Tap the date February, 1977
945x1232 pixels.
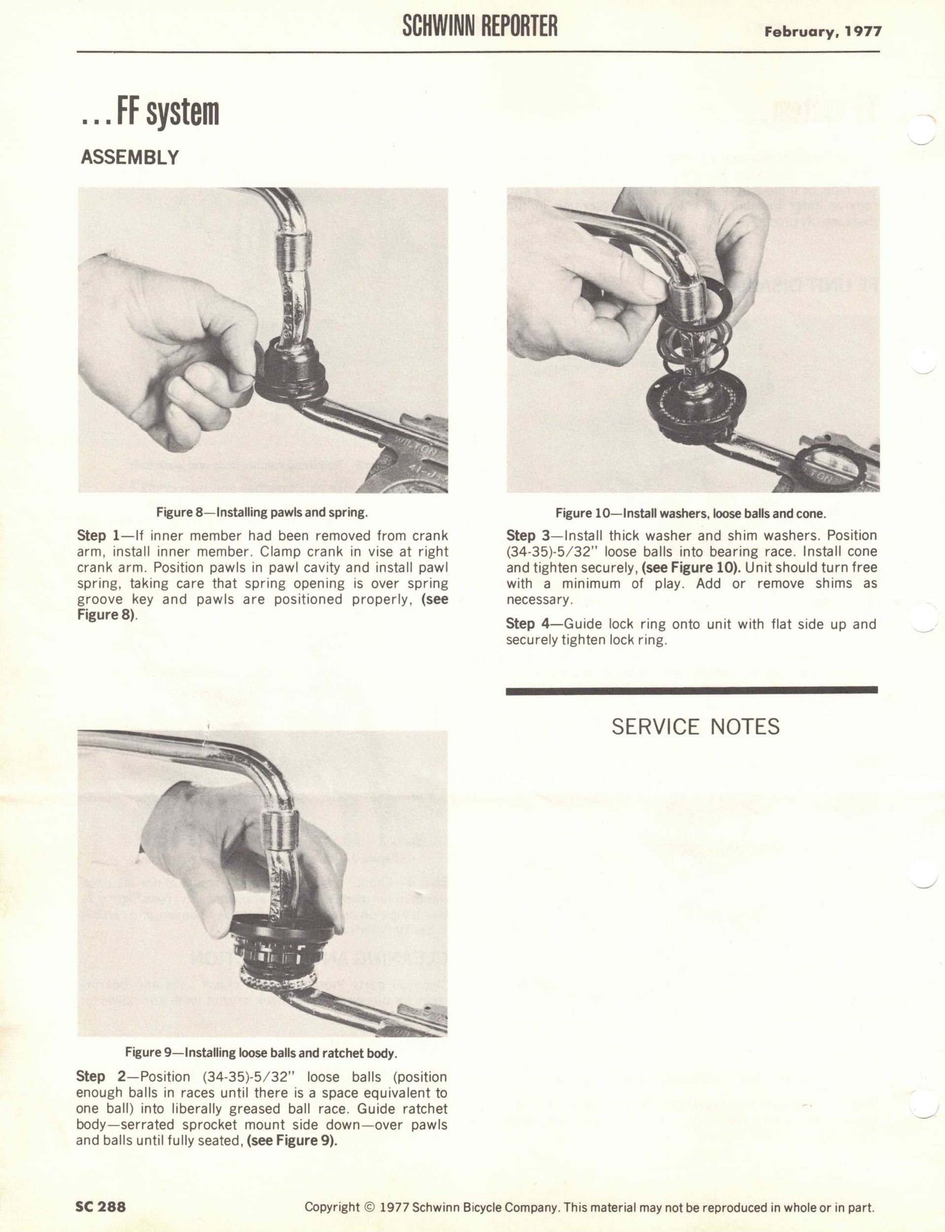point(822,32)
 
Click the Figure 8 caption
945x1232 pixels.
point(262,513)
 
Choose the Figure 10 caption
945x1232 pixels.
point(690,513)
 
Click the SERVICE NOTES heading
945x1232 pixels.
point(695,727)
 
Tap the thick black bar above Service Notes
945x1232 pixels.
point(692,691)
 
